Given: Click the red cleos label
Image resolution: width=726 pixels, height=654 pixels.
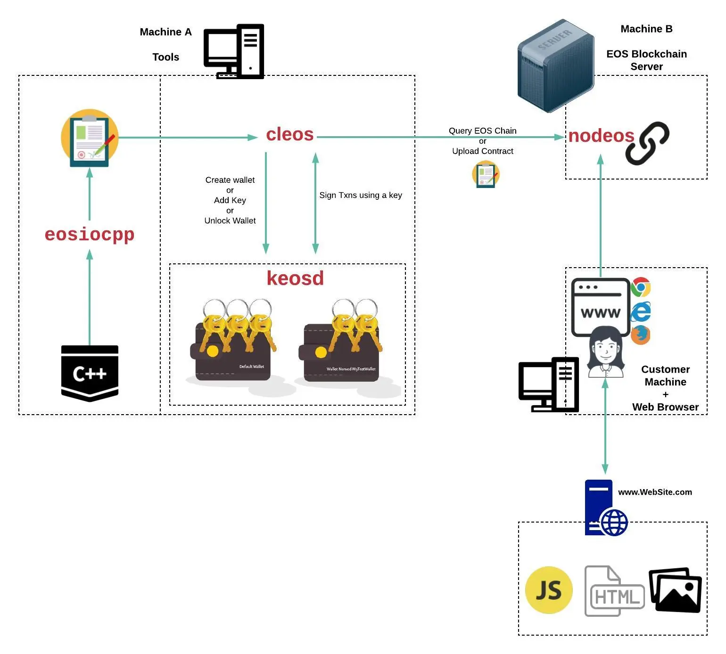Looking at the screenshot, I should [289, 135].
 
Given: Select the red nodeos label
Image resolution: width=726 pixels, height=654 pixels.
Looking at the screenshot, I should [601, 136].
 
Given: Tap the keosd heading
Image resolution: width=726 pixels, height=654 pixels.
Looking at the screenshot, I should [295, 278].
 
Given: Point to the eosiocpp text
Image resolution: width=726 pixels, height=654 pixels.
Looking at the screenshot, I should [90, 234].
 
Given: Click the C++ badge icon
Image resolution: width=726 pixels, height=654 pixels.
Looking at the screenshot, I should [90, 373].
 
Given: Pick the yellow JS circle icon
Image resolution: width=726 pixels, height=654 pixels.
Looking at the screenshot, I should [549, 590].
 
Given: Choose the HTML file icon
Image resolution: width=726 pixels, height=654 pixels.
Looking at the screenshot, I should [614, 592].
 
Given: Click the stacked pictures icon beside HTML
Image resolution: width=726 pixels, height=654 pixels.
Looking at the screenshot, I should [675, 590].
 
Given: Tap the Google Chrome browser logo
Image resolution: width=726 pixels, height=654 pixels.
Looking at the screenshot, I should [641, 287].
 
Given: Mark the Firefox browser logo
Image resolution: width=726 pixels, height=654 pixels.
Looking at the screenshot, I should [641, 335].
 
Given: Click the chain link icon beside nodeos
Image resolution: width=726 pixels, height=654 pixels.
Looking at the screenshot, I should [647, 143].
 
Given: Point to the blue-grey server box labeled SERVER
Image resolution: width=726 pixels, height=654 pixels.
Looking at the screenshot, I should [555, 66].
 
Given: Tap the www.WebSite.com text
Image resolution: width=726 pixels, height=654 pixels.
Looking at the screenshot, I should [655, 492].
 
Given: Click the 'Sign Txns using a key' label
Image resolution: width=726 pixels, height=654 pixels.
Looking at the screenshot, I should [361, 195].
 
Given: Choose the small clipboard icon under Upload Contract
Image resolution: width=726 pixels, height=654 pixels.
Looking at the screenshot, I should [486, 174].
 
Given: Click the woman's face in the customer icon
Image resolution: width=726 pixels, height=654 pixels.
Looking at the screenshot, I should [605, 349].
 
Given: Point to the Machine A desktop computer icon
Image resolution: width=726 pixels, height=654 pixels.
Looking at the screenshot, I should [234, 51].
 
